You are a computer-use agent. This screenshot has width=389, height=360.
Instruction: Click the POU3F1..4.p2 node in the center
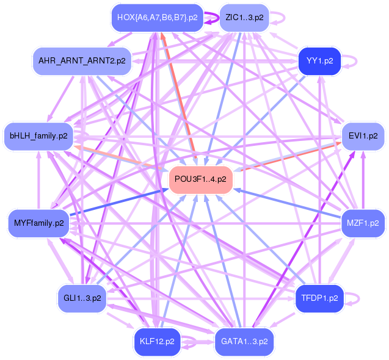(x=200, y=179)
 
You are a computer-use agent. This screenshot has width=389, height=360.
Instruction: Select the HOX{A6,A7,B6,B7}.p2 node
(x=158, y=18)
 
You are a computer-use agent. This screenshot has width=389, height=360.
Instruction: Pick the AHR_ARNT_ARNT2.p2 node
(x=82, y=61)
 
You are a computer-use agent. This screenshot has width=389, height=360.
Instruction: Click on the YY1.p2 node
(x=319, y=61)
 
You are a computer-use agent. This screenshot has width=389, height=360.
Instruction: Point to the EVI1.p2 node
(x=363, y=135)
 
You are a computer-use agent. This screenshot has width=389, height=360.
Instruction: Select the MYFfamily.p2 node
(x=38, y=223)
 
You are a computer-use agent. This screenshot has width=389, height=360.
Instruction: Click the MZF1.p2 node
(x=363, y=223)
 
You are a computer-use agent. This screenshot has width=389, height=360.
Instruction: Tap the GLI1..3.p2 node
(x=82, y=298)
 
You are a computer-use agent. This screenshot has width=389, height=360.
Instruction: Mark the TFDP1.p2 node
(x=319, y=298)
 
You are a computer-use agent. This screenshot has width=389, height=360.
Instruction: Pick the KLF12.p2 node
(x=158, y=342)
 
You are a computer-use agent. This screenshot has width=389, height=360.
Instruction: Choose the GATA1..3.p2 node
(x=244, y=342)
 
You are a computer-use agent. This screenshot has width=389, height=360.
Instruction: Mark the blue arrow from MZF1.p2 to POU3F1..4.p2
(x=287, y=204)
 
